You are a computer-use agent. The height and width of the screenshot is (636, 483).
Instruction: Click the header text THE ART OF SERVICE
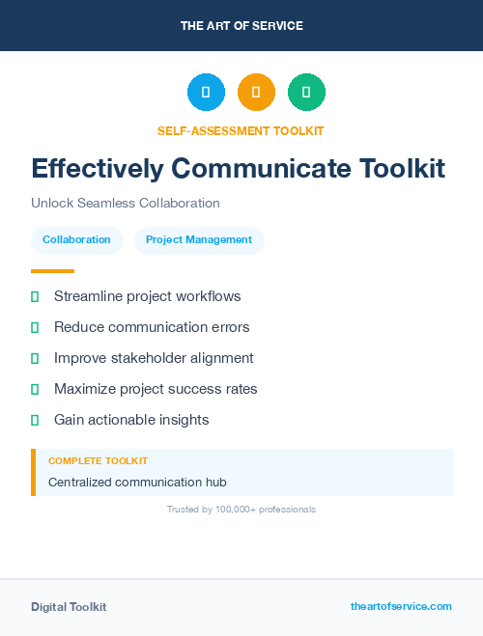tap(241, 26)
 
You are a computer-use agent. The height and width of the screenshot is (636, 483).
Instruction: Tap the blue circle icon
tap(206, 92)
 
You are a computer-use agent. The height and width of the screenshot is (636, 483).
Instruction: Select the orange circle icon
tap(256, 92)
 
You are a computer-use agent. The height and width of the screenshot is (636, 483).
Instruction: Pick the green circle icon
tap(306, 92)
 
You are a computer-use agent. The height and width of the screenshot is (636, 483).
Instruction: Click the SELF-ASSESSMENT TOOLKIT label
tap(241, 130)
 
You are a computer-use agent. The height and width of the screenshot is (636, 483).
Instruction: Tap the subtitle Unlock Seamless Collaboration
tap(126, 204)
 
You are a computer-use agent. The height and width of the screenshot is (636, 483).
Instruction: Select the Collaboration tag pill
tap(76, 239)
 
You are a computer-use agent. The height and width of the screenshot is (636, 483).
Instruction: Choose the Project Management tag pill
tap(199, 239)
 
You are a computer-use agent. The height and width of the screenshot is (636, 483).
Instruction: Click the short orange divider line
tap(52, 271)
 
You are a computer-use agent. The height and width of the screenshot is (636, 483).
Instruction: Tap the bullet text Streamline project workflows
tap(147, 296)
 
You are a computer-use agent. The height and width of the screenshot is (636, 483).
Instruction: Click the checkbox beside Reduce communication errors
tap(35, 327)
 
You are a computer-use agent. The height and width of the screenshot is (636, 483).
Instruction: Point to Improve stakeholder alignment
tap(154, 358)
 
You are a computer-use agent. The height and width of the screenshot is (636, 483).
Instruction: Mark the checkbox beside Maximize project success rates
tap(35, 389)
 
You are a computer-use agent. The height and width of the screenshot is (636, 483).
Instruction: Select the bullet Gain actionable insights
tap(131, 420)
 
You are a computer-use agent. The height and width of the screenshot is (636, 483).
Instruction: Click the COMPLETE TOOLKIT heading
tap(98, 461)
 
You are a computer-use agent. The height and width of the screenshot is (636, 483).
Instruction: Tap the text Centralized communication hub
tap(137, 482)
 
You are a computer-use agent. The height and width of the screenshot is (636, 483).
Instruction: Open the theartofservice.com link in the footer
tap(401, 606)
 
